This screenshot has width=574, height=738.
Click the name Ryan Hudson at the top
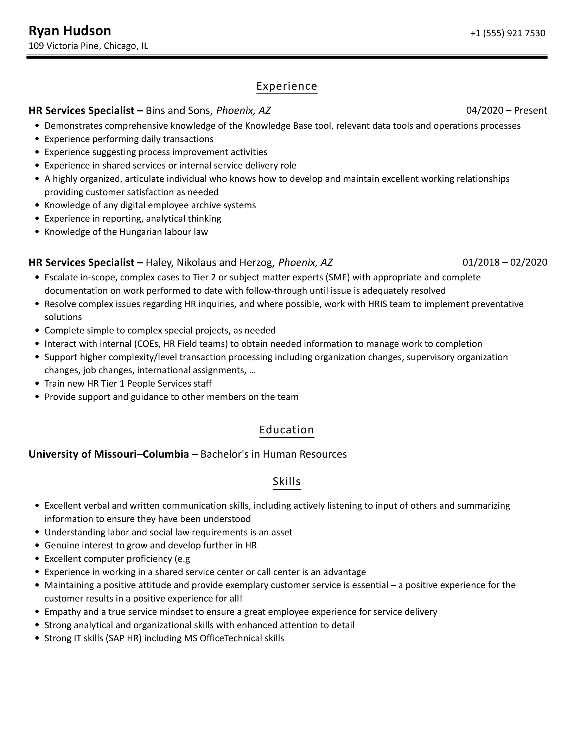point(70,31)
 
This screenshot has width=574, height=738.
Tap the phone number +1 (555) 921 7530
point(508,33)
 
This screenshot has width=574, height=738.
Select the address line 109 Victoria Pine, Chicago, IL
point(88,46)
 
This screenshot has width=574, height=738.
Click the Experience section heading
point(287,86)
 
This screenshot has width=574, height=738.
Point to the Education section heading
point(287,430)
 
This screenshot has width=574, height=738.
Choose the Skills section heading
point(287,481)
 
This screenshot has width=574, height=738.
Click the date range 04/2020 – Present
point(506,110)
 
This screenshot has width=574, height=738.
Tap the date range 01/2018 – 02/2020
point(505,262)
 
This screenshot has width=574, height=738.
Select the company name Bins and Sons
point(178,110)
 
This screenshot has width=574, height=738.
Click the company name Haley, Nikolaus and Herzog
point(209,262)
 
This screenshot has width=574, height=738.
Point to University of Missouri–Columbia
point(109,454)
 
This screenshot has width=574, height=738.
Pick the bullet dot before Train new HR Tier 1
point(38,384)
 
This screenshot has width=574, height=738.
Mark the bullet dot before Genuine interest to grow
point(38,546)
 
